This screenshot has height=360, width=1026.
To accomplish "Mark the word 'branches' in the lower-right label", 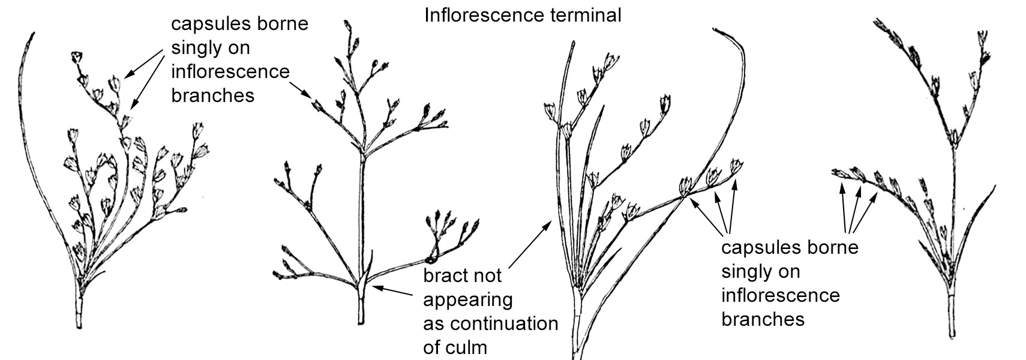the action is [763, 319].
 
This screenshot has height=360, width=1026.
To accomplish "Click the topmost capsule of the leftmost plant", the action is [76, 58].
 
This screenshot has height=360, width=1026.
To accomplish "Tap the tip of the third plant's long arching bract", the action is [715, 28].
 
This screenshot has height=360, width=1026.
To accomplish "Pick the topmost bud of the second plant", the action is [347, 25].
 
